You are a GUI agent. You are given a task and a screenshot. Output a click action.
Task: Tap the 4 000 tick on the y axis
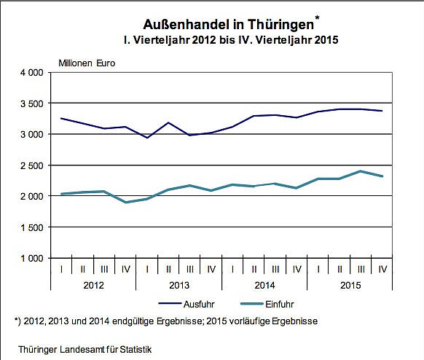[x=31, y=73]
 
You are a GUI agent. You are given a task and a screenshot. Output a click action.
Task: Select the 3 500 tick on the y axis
[x=31, y=103]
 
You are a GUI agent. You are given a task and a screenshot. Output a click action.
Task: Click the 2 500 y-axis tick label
[x=31, y=165]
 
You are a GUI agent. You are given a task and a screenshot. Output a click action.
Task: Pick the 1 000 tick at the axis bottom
[x=31, y=258]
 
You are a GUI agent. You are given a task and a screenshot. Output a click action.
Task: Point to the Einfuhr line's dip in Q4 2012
[x=127, y=202]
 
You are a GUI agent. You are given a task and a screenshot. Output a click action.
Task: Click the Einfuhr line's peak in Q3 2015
[x=361, y=171]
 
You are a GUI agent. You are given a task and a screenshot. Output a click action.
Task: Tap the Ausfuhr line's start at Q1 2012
[x=61, y=118]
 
